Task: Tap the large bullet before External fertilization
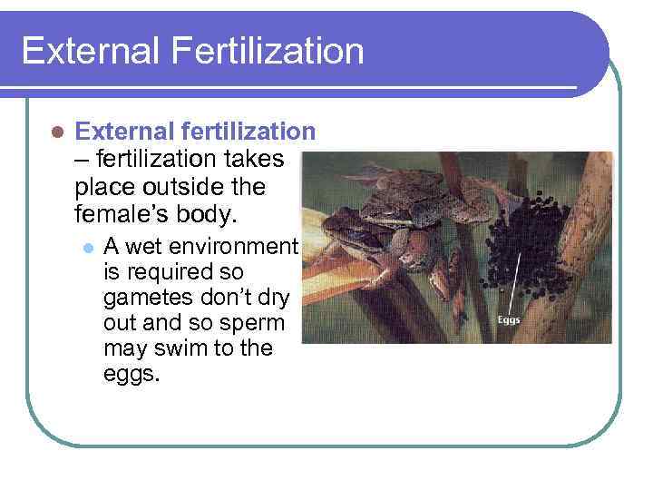[56, 132]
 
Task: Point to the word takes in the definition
[253, 160]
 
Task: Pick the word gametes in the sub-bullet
[143, 297]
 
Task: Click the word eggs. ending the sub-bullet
[132, 374]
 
